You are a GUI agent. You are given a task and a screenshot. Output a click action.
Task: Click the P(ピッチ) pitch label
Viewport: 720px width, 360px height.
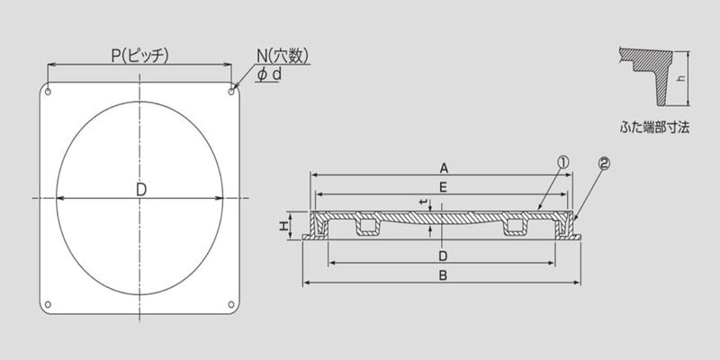pos(140,56)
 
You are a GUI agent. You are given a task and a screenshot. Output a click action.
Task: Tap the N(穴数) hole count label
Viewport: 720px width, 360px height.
pos(283,56)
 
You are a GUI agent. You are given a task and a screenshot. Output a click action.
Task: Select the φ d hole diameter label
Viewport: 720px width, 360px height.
pos(269,74)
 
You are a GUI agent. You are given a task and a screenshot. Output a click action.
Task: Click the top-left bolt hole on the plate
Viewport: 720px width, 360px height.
pos(48,92)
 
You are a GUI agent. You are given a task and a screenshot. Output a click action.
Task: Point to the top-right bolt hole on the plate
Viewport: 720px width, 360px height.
pos(231,92)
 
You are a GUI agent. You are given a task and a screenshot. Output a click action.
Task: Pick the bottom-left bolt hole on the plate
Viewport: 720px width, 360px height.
pos(48,304)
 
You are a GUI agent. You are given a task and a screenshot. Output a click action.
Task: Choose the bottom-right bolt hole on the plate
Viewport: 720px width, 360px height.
pos(231,304)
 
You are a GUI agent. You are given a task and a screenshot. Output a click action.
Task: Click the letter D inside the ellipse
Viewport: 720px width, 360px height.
pos(141,190)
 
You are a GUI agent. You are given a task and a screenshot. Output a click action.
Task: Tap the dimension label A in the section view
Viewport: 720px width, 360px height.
pos(444,168)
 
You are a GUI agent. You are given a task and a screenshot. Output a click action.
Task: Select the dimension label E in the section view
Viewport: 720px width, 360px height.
pos(443,187)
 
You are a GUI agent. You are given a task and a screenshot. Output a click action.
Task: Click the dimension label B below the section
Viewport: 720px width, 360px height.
pos(443,275)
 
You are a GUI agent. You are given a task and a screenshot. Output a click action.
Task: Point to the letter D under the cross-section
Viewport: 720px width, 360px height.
pos(443,256)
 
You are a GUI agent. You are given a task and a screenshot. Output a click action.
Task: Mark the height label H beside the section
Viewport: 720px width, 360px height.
pos(284,226)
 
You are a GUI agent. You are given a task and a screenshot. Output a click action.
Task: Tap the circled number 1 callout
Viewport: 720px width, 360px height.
pos(563,162)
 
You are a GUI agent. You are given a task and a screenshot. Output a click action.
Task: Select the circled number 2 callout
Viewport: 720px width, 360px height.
pos(604,164)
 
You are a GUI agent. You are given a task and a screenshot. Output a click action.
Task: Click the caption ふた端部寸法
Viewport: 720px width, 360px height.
pos(654,128)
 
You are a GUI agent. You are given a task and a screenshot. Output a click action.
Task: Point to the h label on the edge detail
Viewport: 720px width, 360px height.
pos(681,78)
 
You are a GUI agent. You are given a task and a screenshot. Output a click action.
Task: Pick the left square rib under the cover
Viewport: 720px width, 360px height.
pos(367,226)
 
